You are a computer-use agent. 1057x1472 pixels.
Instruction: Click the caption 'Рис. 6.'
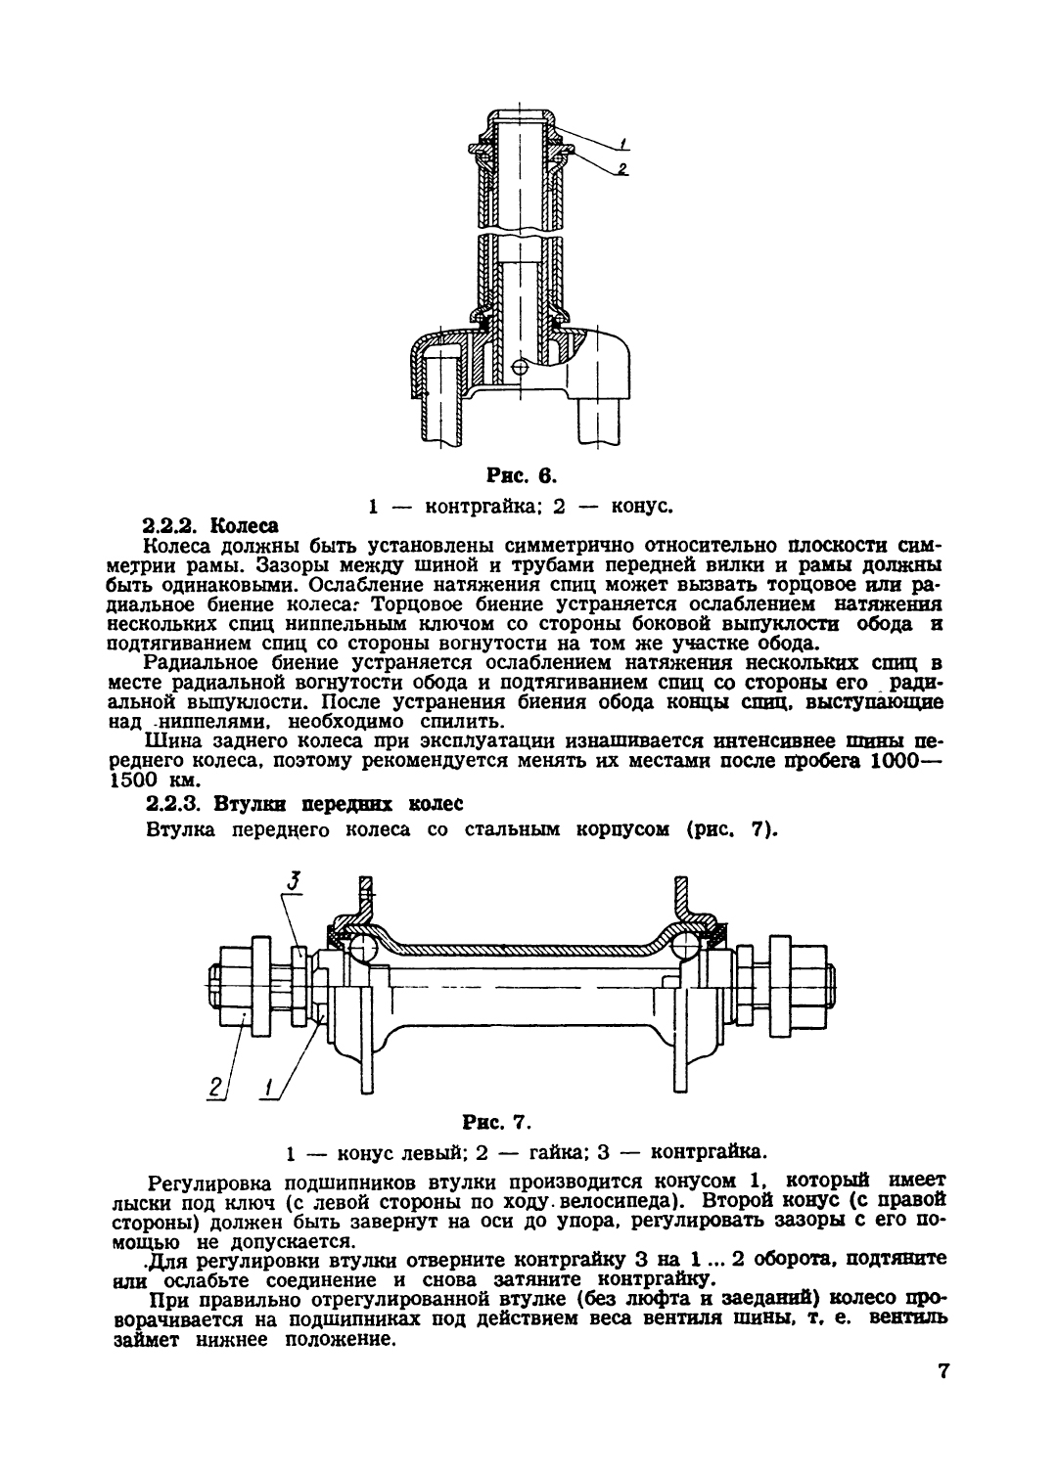[x=521, y=476]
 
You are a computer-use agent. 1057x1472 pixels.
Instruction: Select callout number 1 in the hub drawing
[x=266, y=1084]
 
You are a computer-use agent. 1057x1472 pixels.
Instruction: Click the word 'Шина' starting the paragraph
[x=168, y=741]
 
